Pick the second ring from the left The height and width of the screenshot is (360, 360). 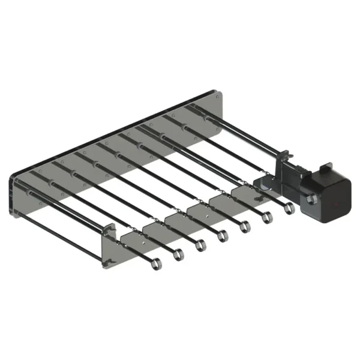point(178,256)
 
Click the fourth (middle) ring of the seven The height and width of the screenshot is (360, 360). point(223,236)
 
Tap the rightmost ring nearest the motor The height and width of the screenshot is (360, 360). point(289,209)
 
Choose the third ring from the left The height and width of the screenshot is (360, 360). point(200,245)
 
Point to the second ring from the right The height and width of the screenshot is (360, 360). point(267,218)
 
